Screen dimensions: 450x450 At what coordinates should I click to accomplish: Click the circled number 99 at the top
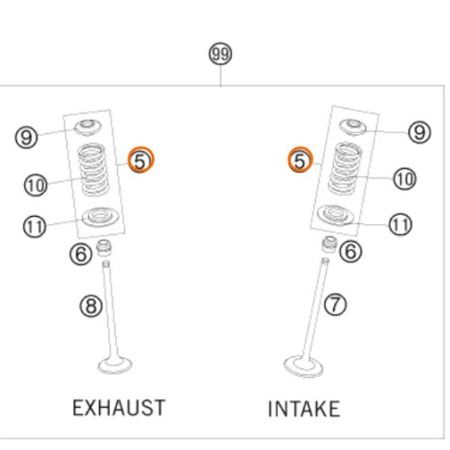pos(220,54)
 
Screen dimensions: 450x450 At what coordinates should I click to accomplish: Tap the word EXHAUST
pos(119,408)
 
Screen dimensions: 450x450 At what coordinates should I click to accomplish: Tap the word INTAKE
pos(304,409)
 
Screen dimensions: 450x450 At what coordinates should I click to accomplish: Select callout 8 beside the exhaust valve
pos(91,306)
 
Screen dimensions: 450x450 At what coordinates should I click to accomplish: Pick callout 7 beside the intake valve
pos(336,304)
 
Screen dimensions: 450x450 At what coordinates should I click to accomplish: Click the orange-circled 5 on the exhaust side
pos(140,159)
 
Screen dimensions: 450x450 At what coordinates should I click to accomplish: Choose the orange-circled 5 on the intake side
pos(301,159)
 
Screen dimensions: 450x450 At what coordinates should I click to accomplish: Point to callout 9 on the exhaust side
pos(26,137)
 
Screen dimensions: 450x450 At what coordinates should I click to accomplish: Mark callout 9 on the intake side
pos(419,132)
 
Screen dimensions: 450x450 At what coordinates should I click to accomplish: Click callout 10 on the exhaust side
pos(35,185)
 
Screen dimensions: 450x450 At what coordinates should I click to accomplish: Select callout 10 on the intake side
pos(404,179)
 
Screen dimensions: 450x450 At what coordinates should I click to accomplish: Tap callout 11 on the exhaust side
pos(34,226)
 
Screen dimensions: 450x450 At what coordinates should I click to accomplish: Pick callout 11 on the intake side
pos(400,224)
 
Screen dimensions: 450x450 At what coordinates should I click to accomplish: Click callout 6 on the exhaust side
pos(81,254)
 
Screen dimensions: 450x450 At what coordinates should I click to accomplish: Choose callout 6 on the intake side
pos(350,251)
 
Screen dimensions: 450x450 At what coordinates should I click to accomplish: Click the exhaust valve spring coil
pos(93,169)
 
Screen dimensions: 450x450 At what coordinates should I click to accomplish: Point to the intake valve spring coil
pos(345,168)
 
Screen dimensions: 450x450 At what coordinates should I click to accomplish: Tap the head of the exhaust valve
pos(115,365)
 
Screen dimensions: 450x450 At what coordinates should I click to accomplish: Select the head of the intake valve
pos(303,366)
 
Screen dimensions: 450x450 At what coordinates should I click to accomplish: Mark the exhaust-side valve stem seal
pos(103,247)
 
